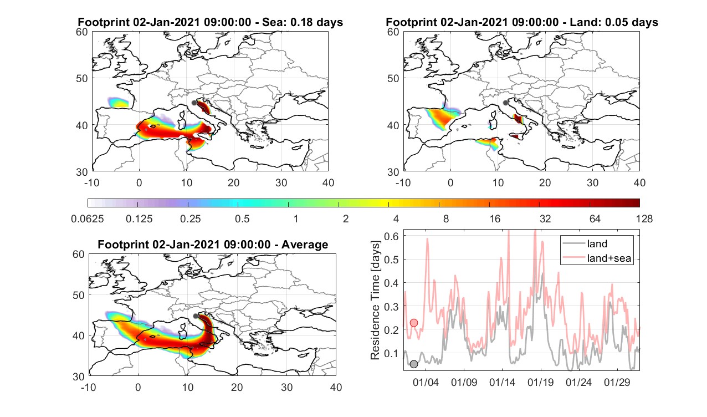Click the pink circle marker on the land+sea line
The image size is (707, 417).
(414, 323)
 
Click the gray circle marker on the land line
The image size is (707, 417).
(414, 364)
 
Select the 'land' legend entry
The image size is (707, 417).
(597, 243)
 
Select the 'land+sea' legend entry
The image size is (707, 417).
(609, 258)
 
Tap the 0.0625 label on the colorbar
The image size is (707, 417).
(88, 218)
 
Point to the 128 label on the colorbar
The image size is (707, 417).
(644, 218)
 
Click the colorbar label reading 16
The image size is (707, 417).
(495, 218)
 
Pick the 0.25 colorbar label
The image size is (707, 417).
(190, 218)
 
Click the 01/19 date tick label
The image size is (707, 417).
(541, 382)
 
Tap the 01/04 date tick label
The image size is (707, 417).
(426, 382)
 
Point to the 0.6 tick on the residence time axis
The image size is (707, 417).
(391, 236)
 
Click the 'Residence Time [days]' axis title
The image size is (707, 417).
(375, 301)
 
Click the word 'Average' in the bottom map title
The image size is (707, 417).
(305, 245)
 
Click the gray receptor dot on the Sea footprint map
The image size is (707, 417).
(194, 103)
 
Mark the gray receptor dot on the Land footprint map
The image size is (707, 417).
(506, 103)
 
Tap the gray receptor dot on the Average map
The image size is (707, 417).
(196, 316)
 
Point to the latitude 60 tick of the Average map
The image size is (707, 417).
(78, 255)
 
